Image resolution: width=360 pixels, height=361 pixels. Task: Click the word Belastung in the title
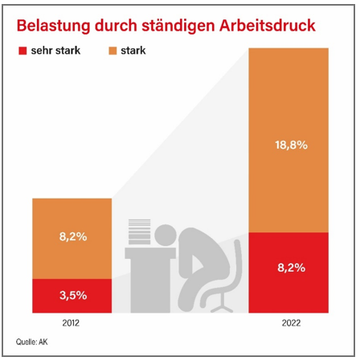coord(53,26)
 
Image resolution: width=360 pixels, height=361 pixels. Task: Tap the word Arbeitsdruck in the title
coord(267,26)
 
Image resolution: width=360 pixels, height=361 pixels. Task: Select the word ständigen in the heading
coord(178,27)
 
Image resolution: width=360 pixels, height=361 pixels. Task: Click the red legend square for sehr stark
coord(22,51)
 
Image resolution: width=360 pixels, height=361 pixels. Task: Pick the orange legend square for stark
coord(112,51)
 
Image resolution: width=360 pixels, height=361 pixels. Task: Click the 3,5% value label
coord(73,295)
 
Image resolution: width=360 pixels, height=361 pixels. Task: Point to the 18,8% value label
coord(292,145)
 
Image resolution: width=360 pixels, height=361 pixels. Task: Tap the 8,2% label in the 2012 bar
coord(73,236)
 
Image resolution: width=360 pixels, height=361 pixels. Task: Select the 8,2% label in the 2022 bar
coord(292,268)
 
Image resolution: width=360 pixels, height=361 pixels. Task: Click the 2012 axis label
coord(71,323)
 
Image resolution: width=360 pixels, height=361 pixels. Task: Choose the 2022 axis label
coord(291,323)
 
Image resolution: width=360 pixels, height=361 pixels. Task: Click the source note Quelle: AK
coord(31,342)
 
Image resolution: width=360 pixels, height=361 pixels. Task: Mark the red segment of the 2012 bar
coord(72,296)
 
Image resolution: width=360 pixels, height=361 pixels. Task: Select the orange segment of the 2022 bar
coord(288,140)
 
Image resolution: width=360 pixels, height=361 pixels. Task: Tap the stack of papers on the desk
coord(140,232)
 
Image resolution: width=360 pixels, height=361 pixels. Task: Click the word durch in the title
coord(116,26)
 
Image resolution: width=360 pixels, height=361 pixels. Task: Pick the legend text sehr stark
coord(55,51)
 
